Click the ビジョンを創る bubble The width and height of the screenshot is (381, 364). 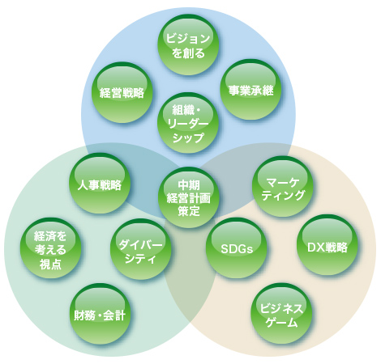point(188,44)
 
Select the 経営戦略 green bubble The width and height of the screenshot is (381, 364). point(122,92)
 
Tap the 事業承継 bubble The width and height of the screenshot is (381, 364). point(250,90)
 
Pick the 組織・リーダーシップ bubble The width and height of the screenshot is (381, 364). point(188,123)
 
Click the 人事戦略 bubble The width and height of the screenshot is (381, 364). point(100,184)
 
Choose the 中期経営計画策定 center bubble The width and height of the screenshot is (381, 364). point(189,197)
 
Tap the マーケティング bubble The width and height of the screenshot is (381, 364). point(283,187)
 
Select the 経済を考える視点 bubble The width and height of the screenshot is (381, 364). point(50,248)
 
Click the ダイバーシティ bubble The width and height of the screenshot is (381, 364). point(141,249)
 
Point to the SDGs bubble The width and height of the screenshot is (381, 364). point(237,248)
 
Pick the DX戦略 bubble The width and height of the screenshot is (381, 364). point(327,245)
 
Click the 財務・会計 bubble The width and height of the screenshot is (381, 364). point(100,314)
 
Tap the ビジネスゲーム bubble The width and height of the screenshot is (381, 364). point(281,314)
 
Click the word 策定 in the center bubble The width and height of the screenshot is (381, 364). point(189,211)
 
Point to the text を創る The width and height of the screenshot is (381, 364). point(188,53)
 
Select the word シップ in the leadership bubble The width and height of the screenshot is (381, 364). point(188,138)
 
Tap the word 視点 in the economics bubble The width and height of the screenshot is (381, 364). point(50,264)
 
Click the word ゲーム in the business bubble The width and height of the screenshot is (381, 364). point(281,323)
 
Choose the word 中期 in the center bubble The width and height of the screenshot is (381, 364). point(189,185)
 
